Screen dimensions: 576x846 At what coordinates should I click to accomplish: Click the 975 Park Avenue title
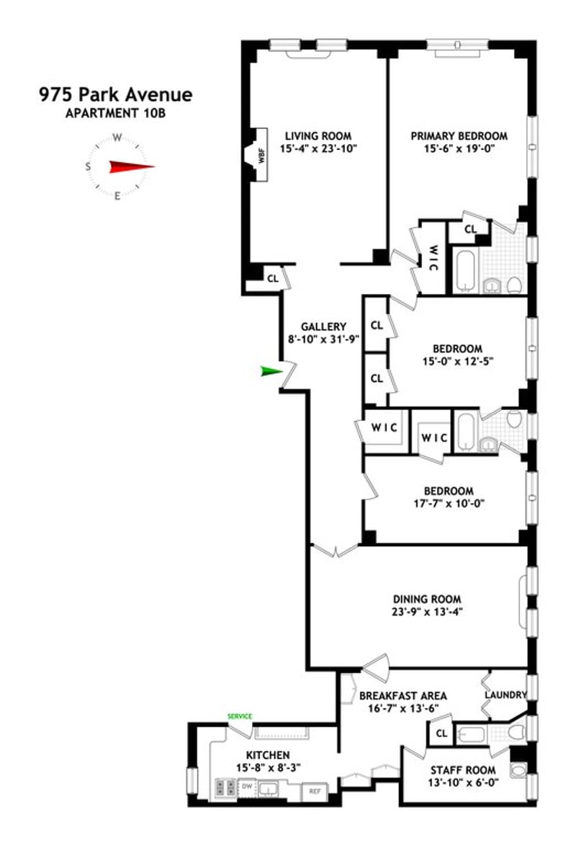coord(115,95)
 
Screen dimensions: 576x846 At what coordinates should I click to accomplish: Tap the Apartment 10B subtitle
coord(115,114)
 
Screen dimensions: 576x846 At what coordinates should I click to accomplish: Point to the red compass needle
coord(132,166)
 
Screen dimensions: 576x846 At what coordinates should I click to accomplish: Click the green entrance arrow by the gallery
coord(272,371)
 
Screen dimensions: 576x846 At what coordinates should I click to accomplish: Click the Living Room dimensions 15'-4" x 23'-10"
coord(319,149)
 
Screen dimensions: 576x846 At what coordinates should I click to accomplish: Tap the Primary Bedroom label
coord(459,136)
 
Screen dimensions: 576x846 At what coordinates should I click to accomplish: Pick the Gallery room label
coord(323,326)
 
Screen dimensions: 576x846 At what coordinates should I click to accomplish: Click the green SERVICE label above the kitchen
coord(240,716)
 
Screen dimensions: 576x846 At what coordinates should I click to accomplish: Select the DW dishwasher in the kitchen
coord(246,787)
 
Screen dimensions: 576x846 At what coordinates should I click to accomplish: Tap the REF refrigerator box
coord(315,791)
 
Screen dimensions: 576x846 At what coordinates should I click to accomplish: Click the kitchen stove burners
coord(225,787)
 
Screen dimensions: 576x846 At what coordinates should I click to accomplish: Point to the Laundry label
coord(505,695)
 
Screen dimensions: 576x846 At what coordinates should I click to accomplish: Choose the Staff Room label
coord(463,770)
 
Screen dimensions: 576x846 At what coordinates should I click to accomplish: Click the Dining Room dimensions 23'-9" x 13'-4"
coord(427,612)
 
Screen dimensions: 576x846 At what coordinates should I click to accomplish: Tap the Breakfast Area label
coord(403,696)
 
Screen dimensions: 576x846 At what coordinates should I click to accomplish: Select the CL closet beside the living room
coord(273,279)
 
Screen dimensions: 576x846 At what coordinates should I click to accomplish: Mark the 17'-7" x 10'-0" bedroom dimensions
coord(448,504)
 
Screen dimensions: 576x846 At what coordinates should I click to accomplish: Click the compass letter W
coord(117,138)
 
